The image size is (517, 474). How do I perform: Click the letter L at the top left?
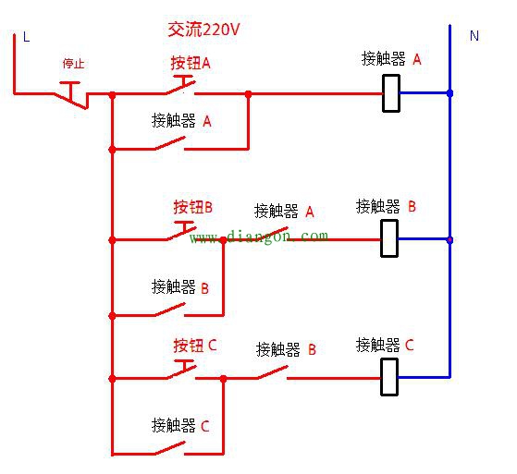tap(26, 37)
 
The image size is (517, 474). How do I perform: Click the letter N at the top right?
tap(474, 36)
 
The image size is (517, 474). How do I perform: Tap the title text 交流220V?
tap(203, 30)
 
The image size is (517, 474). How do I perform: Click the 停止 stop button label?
tap(73, 64)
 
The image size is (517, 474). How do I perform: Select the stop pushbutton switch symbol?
tap(73, 92)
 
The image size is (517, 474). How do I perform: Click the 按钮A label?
tap(191, 63)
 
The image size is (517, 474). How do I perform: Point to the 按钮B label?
tap(192, 207)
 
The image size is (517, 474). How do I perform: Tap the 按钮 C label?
tap(194, 346)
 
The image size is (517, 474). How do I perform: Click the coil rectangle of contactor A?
tap(391, 93)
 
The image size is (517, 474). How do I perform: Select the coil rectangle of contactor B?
tap(390, 238)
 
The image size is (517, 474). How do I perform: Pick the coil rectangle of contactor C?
tap(390, 377)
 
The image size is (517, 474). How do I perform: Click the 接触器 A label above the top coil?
tap(391, 59)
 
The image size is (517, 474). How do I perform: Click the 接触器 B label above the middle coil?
tap(386, 206)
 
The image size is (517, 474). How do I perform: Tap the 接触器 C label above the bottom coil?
tap(385, 346)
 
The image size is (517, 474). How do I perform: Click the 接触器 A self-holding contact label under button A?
tap(181, 120)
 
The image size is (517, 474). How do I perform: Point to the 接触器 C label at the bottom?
tap(180, 426)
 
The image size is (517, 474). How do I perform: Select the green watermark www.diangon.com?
tap(259, 237)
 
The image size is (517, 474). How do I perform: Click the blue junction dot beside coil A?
tap(449, 93)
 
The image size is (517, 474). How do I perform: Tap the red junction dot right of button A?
tap(248, 93)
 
